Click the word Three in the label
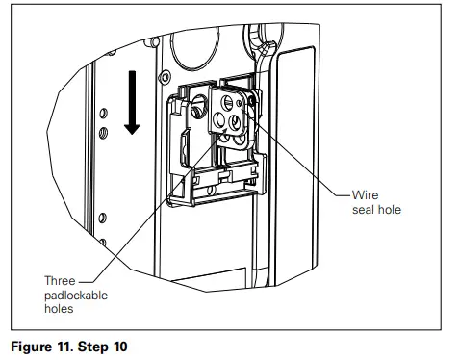61,281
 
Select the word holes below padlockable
60,310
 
